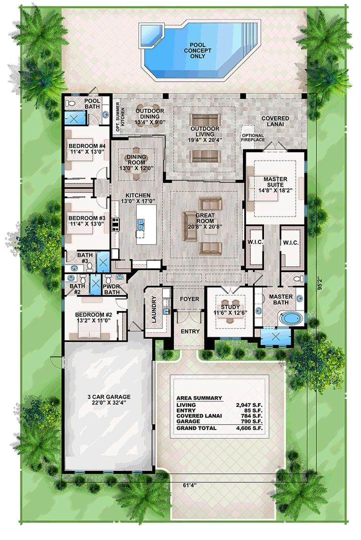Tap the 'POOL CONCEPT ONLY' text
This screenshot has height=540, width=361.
197,47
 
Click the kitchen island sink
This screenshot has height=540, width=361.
142,225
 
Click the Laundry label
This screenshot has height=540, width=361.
154,310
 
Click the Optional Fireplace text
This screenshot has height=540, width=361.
253,137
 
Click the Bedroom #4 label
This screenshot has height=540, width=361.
87,149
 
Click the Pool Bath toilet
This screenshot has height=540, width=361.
72,104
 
